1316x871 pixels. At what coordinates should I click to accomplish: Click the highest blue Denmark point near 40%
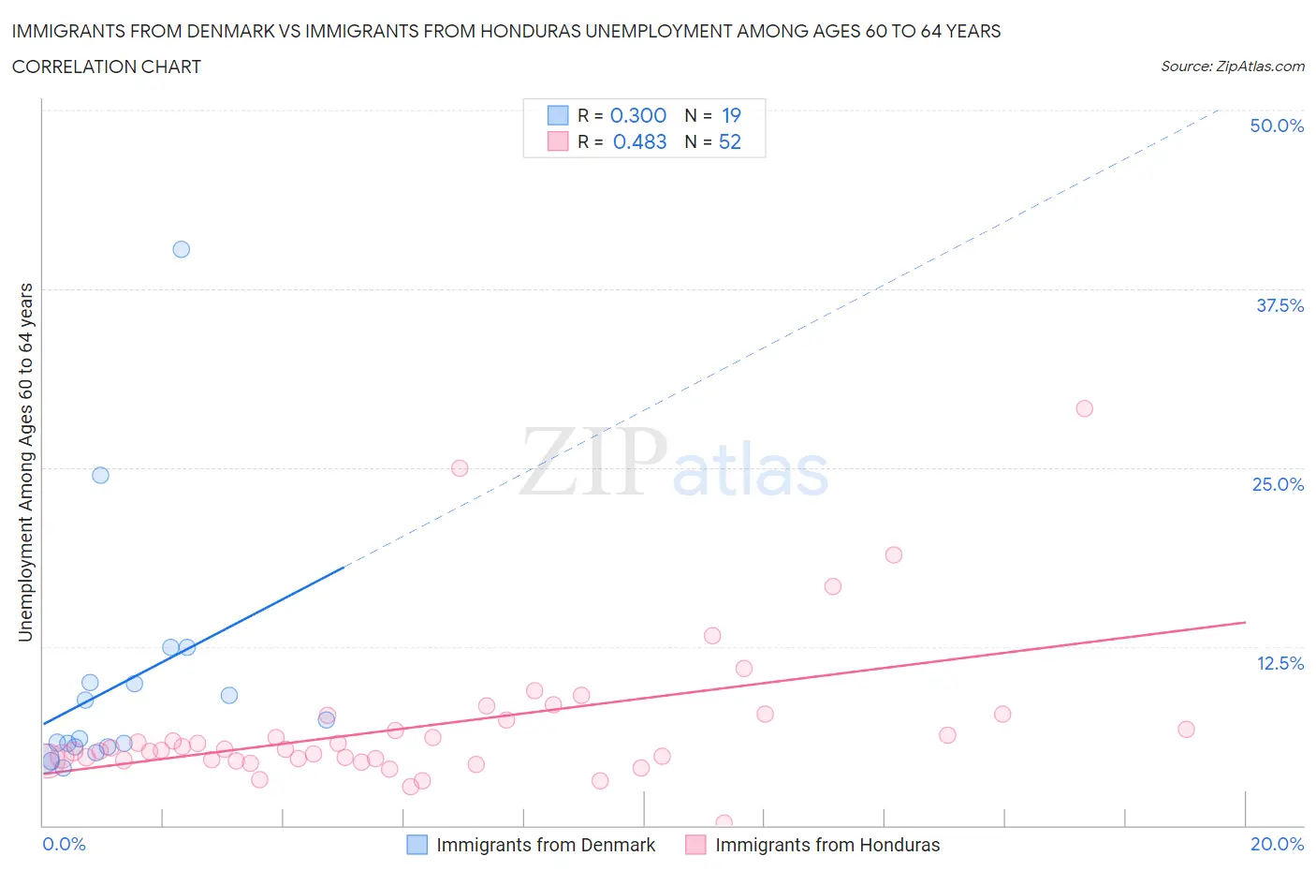(x=182, y=249)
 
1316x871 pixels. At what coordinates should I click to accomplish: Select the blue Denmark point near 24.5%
(x=100, y=475)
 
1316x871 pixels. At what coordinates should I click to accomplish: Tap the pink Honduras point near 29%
(x=1085, y=408)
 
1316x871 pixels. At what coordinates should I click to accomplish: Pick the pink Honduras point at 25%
(x=460, y=468)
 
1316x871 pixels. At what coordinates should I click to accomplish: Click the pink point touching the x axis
(x=724, y=823)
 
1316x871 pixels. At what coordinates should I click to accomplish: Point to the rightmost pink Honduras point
(x=1186, y=730)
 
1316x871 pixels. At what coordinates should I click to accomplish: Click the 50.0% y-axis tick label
(x=1277, y=125)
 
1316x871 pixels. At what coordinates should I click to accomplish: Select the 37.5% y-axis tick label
(x=1279, y=305)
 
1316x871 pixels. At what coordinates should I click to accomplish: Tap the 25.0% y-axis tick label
(x=1278, y=484)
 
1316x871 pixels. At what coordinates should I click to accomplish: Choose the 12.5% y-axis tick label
(x=1279, y=663)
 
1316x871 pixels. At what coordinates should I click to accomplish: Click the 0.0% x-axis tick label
(x=64, y=844)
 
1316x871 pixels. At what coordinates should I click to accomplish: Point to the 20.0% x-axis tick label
(x=1277, y=844)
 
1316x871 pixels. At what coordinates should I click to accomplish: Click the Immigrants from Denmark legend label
(x=546, y=845)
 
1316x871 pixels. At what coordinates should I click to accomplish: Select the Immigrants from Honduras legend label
(x=827, y=845)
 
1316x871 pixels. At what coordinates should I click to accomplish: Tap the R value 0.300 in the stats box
(x=638, y=115)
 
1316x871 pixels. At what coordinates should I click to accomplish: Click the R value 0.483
(x=639, y=141)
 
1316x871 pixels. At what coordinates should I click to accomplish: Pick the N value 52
(x=730, y=141)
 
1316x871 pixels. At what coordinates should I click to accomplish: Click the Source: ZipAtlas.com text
(x=1232, y=66)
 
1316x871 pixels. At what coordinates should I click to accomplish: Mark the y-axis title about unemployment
(x=26, y=462)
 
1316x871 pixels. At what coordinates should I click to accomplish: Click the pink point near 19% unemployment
(x=894, y=554)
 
